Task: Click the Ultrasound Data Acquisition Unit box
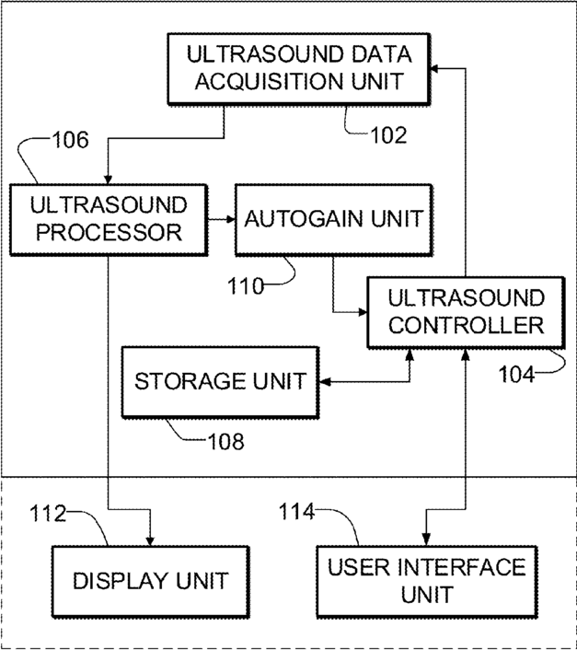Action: coord(299,69)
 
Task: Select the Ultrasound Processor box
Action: coord(109,220)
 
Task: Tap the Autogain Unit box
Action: coord(334,220)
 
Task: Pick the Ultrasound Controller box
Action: coord(466,312)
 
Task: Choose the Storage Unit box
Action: coord(220,382)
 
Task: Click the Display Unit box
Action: coord(151,582)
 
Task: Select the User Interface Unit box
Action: coord(427,582)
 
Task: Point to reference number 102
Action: coord(388,135)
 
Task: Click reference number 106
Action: coord(70,140)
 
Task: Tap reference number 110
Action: coord(246,286)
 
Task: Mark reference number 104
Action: coord(516,375)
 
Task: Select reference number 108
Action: coord(225,442)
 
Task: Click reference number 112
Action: coord(48,513)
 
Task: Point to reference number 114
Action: coord(296,512)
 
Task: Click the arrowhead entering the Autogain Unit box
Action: coord(231,220)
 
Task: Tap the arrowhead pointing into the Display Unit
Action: coord(150,541)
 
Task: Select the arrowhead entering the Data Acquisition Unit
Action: coord(435,69)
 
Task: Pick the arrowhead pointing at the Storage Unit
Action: coord(325,382)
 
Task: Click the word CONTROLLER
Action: coord(466,325)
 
